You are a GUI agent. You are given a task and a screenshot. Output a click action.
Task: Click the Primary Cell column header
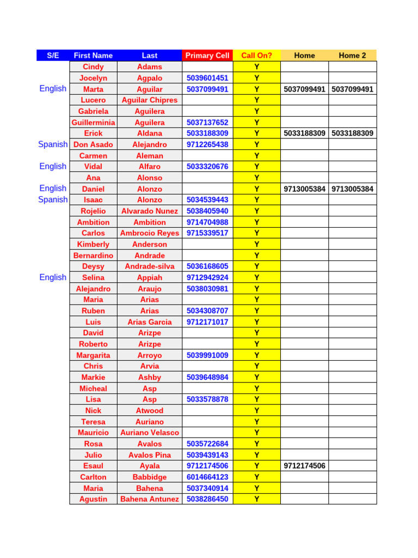(x=207, y=56)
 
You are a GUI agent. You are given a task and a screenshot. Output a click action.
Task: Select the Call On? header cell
(x=256, y=56)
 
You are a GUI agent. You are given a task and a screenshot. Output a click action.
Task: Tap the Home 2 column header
(x=352, y=56)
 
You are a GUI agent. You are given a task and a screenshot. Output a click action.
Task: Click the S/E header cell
(x=53, y=56)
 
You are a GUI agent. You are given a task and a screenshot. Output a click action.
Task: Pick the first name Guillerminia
(x=93, y=123)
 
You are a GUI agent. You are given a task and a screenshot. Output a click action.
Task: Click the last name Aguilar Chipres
(x=150, y=100)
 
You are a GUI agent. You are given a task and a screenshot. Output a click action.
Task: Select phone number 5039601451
(x=207, y=78)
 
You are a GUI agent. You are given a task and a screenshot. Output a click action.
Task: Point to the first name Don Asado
(x=93, y=144)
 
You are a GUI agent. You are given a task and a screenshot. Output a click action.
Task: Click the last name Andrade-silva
(x=150, y=266)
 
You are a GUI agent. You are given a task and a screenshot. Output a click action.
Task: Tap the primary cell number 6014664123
(x=207, y=477)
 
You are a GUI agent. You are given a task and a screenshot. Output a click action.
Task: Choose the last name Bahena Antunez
(x=150, y=499)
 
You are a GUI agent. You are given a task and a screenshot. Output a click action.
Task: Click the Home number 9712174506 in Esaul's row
(x=304, y=466)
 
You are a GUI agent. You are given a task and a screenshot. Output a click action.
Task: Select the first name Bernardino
(x=93, y=256)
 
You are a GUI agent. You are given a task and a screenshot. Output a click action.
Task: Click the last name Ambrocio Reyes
(x=150, y=233)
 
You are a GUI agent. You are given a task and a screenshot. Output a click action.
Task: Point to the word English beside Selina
(x=53, y=277)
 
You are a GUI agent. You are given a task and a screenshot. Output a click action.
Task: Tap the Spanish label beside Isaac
(x=53, y=200)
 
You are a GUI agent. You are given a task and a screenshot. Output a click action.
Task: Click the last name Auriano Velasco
(x=150, y=433)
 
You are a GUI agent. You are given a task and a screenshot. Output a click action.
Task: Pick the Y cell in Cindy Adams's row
(x=256, y=67)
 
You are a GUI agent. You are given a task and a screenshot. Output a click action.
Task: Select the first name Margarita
(x=93, y=355)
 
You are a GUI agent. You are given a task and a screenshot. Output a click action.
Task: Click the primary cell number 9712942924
(x=207, y=277)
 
